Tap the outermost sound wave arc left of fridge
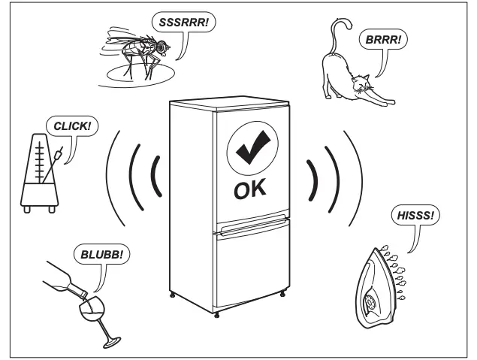point(111,180)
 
